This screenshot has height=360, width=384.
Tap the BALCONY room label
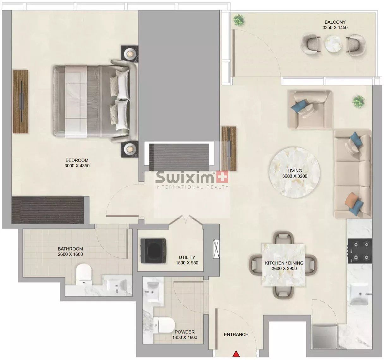(335, 22)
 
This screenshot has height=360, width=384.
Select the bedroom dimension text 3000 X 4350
(77, 166)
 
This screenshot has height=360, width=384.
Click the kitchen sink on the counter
(359, 294)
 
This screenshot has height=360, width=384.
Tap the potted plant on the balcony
(239, 20)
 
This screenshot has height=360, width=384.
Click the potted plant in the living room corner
(358, 101)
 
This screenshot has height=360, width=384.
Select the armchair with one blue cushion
(309, 109)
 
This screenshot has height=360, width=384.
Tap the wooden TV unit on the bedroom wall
(21, 101)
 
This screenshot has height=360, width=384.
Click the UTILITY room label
(187, 257)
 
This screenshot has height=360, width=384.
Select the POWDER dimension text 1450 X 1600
(185, 338)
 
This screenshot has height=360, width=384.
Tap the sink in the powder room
(153, 290)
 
